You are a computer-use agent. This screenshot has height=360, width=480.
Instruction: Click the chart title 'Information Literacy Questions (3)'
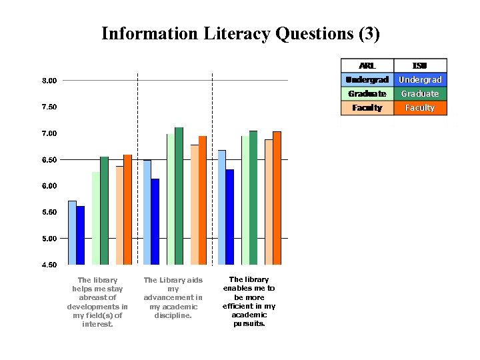(240, 33)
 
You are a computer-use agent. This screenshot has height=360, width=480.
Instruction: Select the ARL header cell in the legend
(367, 65)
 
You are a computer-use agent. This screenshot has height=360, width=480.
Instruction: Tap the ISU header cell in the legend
(420, 65)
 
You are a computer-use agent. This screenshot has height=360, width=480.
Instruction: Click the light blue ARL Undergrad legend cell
(367, 79)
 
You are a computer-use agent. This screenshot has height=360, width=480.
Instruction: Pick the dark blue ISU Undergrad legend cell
(420, 79)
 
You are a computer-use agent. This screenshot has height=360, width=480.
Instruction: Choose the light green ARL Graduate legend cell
(367, 94)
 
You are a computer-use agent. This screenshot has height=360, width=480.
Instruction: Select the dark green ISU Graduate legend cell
(420, 94)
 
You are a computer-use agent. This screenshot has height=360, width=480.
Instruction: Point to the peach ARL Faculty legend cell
(367, 108)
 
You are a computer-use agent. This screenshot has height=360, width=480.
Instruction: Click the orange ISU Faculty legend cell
(420, 108)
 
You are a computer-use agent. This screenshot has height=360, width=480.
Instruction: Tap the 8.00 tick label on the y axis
(49, 81)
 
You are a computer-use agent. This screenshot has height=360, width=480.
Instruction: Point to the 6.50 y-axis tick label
(49, 160)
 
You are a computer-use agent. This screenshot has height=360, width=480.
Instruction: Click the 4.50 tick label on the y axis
(49, 265)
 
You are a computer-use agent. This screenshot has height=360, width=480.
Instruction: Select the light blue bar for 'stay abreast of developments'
(72, 233)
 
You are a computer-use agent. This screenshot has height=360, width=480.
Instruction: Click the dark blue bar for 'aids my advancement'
(155, 221)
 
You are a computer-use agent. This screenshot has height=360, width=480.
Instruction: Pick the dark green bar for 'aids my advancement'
(179, 196)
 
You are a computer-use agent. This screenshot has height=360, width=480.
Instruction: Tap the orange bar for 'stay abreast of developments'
(127, 209)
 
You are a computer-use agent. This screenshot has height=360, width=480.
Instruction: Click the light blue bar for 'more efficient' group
(221, 207)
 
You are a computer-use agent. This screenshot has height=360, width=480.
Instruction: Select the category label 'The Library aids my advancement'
(173, 297)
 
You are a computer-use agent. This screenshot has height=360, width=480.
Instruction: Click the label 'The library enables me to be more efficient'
(249, 301)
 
